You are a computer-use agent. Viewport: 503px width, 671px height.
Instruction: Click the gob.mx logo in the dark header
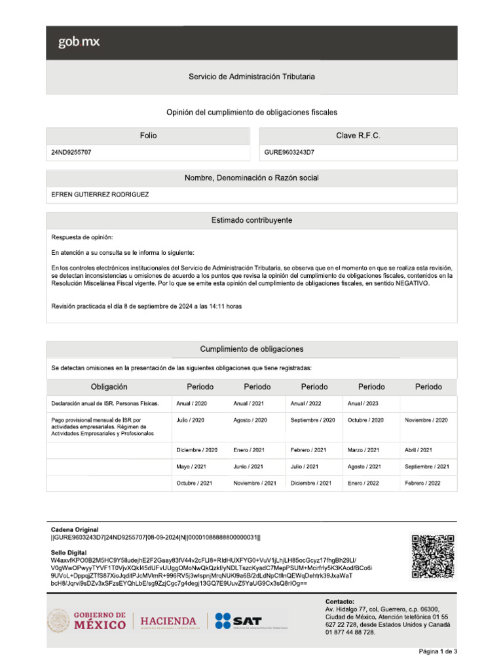[x=79, y=43]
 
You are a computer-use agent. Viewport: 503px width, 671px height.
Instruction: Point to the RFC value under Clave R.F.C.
[x=289, y=152]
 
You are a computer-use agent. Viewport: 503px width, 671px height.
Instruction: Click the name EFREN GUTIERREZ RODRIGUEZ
[x=100, y=195]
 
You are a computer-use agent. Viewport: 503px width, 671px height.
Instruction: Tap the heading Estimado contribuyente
[x=251, y=220]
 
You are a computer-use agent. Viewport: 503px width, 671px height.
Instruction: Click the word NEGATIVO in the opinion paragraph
[x=411, y=284]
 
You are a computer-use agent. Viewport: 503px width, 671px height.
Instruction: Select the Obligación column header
[x=109, y=387]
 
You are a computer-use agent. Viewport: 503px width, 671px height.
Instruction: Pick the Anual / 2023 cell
[x=363, y=404]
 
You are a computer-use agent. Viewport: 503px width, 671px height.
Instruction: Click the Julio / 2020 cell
[x=191, y=420]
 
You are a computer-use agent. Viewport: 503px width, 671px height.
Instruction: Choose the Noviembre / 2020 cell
[x=426, y=420]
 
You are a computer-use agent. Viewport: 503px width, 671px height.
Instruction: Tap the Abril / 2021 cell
[x=419, y=450]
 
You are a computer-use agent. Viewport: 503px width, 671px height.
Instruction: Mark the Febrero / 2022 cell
[x=422, y=483]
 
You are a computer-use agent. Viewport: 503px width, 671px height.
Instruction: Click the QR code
[x=432, y=557]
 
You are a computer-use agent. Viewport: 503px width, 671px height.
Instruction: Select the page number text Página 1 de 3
[x=438, y=651]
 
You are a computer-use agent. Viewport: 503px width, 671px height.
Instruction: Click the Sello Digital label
[x=70, y=553]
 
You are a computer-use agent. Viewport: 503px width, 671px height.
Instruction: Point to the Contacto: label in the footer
[x=339, y=601]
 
